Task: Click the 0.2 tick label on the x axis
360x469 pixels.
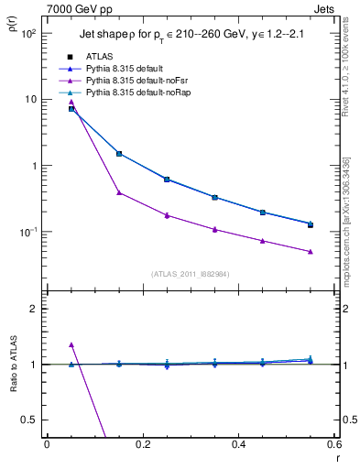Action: [142, 445]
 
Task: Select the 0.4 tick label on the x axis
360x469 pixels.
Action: [239, 445]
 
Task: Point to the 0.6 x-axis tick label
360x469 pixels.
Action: [334, 445]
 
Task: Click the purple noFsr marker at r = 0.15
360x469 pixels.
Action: [119, 192]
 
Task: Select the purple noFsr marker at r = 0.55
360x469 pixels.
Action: [311, 251]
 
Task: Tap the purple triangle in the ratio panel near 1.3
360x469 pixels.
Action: [71, 345]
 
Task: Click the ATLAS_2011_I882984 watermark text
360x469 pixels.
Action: [190, 274]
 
